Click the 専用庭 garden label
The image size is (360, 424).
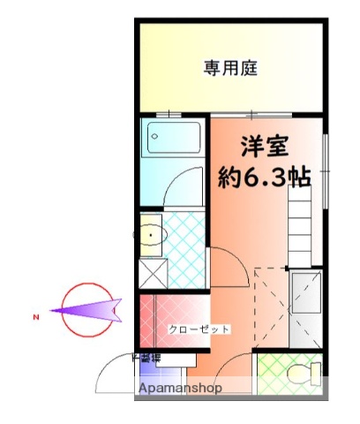(231, 67)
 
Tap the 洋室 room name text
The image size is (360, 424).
(264, 146)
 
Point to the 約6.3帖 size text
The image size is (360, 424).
(264, 177)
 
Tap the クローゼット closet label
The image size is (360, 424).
(199, 329)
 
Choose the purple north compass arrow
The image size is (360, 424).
(88, 310)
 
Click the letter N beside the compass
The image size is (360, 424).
(36, 316)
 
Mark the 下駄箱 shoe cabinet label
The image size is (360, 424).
(148, 358)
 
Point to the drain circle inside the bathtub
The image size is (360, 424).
(155, 136)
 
